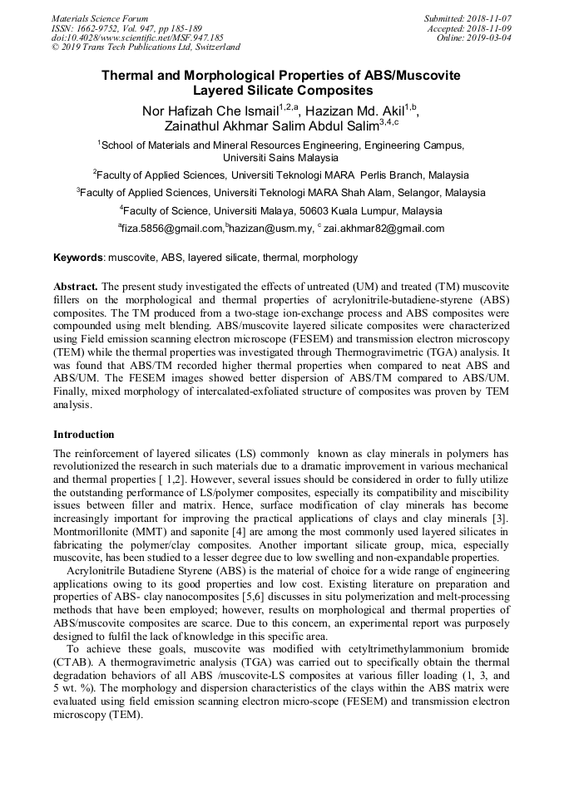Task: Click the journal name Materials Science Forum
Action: [100, 17]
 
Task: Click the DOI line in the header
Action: [137, 37]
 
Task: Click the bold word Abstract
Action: [79, 285]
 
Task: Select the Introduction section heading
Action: [84, 435]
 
